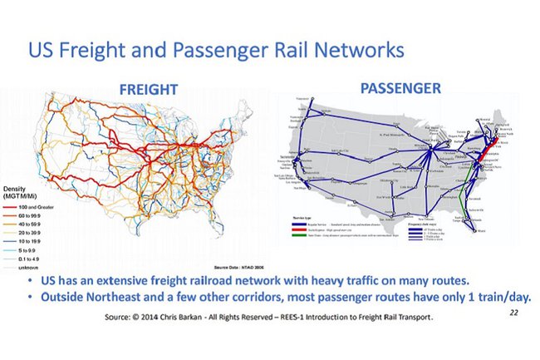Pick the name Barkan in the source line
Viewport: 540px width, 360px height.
216,318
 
